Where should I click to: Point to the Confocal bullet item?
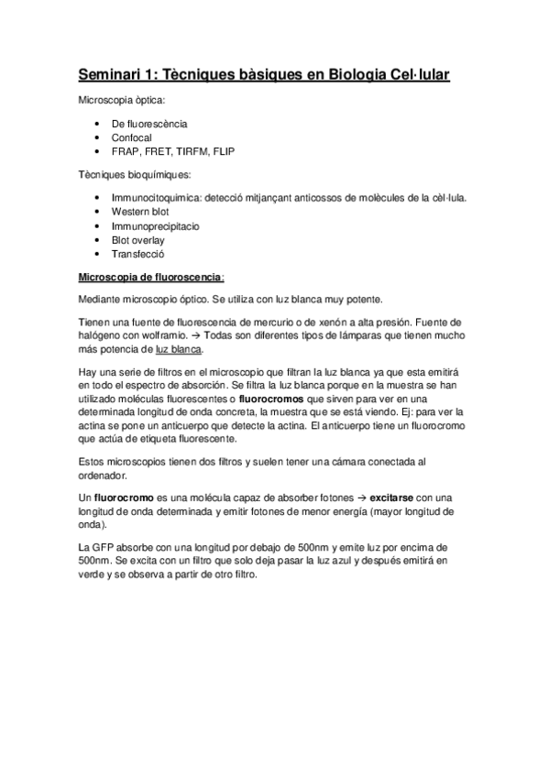(132, 137)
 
